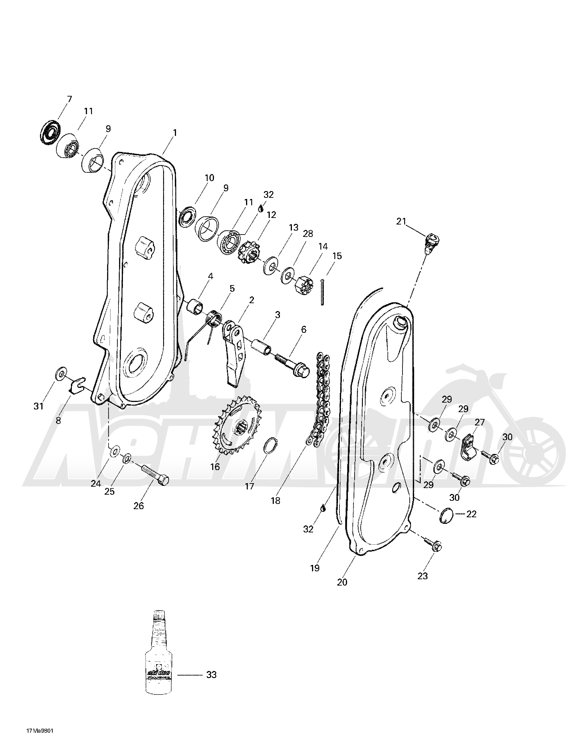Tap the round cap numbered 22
[x=446, y=516]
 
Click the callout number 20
[x=342, y=582]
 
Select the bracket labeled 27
[x=469, y=447]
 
